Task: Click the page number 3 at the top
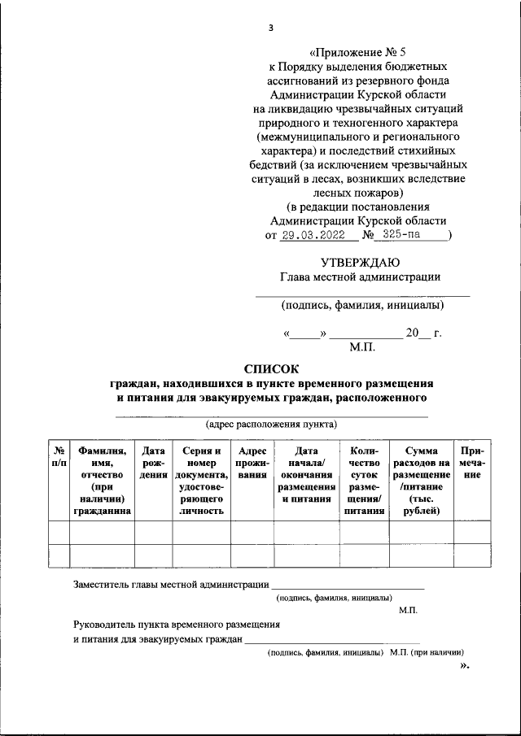pos(271,28)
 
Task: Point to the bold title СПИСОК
pos(272,368)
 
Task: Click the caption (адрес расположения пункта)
pos(271,425)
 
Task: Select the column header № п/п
pos(59,456)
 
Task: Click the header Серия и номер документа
pos(201,480)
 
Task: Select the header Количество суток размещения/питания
pos(364,480)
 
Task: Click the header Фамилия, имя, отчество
pos(102,480)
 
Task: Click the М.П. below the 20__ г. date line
pos(361,347)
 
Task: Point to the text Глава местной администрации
pos(361,277)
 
